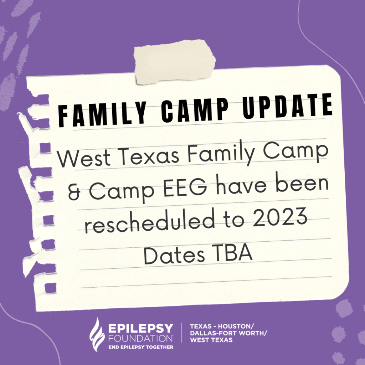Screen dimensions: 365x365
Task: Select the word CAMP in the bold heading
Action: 195,110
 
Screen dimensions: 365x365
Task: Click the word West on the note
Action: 84,159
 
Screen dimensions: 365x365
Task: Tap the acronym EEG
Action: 185,187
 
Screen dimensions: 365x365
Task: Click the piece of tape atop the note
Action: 175,62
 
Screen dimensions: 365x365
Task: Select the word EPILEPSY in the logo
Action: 140,328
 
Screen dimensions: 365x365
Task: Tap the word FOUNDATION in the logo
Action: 140,338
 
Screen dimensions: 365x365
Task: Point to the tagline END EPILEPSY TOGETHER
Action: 141,347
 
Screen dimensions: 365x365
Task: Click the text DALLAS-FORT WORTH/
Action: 228,333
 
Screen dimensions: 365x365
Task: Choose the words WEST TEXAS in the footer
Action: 211,340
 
